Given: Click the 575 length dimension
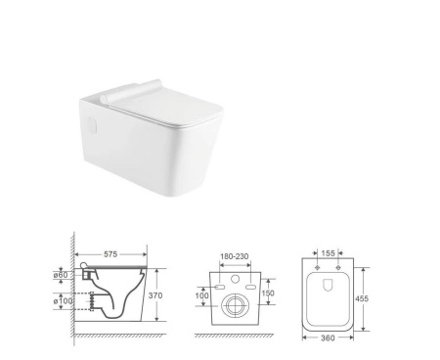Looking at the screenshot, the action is (110, 253).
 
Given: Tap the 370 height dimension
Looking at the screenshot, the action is (155, 295).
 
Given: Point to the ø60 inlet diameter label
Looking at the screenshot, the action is (61, 275).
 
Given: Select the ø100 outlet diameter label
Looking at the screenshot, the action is (63, 300).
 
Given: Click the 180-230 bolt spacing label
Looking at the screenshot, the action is (235, 256).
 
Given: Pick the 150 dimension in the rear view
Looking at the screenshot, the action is (268, 292).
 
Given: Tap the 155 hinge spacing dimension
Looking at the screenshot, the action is (328, 253).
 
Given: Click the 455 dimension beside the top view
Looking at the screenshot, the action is (362, 298).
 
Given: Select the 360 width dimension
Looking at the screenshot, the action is (328, 337).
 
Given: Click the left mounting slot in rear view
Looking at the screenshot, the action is (220, 287).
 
